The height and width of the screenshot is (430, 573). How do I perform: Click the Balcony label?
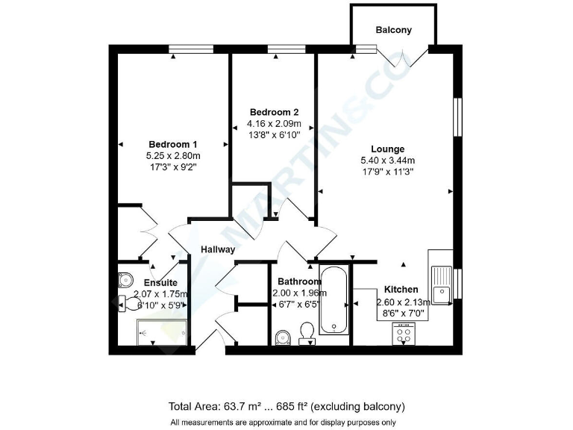[393, 31]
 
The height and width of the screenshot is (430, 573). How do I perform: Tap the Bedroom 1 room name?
[173, 145]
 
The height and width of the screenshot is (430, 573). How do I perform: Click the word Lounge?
[387, 149]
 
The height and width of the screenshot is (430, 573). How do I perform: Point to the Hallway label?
[218, 249]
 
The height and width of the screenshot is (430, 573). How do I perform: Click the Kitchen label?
[401, 290]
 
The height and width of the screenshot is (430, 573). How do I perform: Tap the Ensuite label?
[160, 283]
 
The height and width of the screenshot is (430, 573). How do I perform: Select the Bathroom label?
[299, 281]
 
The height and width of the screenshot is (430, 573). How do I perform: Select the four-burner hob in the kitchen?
[404, 335]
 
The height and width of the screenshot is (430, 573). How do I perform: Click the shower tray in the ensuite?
[162, 331]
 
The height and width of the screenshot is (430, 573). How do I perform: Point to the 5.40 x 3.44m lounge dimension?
[387, 161]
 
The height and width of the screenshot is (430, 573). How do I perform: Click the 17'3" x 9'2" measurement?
[173, 168]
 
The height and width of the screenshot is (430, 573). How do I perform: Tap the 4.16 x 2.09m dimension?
[275, 124]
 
